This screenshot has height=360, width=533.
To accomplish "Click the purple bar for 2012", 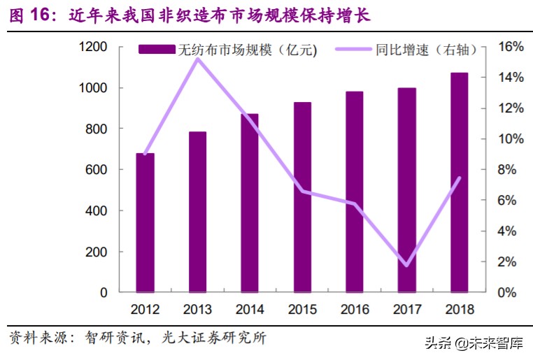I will click(x=145, y=222).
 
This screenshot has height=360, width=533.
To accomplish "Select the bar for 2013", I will click(x=197, y=212).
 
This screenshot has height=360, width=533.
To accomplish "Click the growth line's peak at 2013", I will click(x=197, y=59).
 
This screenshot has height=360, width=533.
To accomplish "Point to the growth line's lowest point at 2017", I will click(x=406, y=265).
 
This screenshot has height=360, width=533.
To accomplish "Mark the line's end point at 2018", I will click(x=460, y=178).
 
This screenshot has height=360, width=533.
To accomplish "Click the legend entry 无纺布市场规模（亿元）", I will click(x=228, y=50).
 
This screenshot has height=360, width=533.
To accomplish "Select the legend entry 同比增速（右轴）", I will click(x=406, y=50).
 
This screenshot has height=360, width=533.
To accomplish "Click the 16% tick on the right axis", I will click(x=510, y=47).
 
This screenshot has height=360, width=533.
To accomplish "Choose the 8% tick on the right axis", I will click(x=506, y=170).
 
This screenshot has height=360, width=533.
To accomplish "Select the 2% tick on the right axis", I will click(x=506, y=262).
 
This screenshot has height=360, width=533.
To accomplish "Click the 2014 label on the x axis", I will click(x=250, y=309).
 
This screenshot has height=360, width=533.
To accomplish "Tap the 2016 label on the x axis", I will click(x=355, y=309).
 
